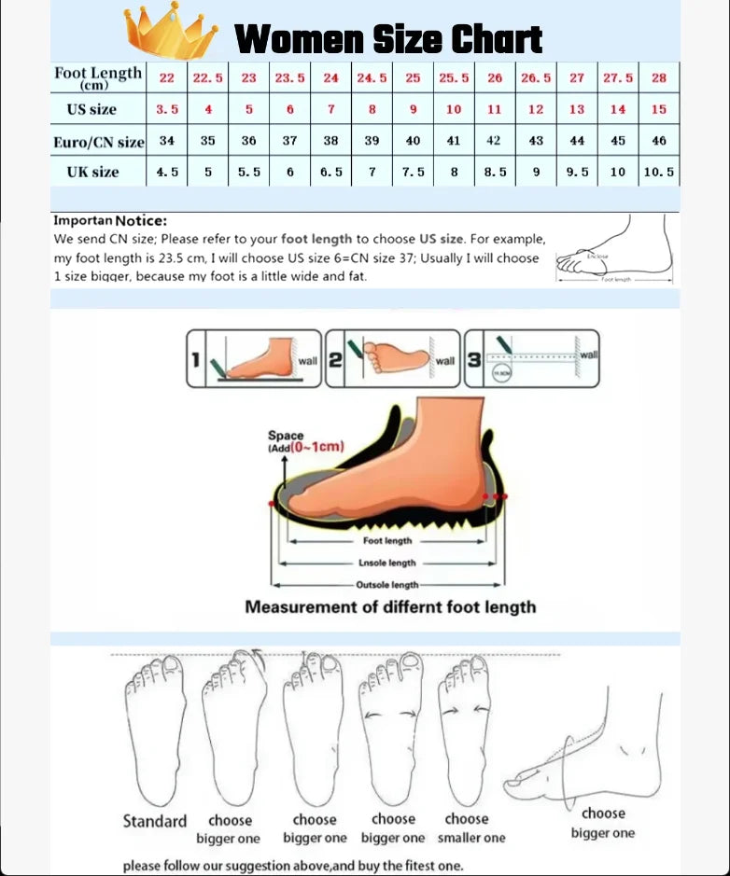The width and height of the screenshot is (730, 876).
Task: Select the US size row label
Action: click(91, 109)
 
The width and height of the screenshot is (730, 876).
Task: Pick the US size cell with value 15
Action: click(659, 109)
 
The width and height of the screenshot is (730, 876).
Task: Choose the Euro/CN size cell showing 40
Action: click(413, 141)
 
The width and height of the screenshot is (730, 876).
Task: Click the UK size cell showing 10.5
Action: click(659, 172)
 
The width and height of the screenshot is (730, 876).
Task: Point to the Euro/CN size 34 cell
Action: click(167, 141)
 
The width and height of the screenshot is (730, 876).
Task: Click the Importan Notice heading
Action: click(110, 221)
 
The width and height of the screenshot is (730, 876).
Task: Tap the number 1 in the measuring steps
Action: click(196, 359)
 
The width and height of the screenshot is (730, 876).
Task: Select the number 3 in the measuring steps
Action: click(474, 359)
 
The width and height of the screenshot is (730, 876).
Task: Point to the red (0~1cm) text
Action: click(316, 446)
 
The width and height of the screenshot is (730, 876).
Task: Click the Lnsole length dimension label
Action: click(387, 563)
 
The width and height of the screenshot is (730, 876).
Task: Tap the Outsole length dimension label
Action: click(387, 585)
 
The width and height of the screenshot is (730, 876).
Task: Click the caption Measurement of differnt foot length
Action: click(390, 607)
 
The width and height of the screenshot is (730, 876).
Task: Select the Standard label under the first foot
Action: click(155, 821)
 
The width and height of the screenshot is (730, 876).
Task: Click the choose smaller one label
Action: click(470, 828)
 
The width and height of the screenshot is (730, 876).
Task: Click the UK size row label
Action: click(92, 172)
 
